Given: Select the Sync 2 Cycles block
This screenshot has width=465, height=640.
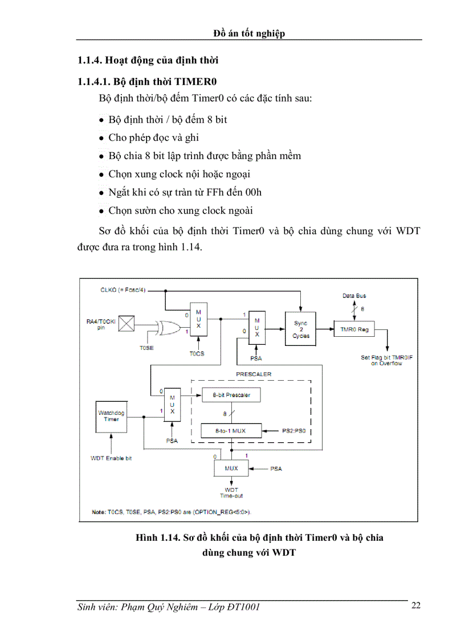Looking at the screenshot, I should (301, 329).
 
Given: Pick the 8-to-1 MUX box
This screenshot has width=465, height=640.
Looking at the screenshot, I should (231, 431).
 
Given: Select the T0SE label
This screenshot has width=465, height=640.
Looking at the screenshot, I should (146, 347).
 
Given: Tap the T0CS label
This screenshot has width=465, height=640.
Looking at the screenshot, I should (197, 353).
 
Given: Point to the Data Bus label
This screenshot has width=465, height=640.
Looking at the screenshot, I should (354, 296).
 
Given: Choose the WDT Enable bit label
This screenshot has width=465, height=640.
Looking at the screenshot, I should (111, 458).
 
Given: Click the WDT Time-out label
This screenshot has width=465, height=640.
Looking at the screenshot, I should (231, 493).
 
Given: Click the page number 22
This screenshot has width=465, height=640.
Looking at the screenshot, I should (416, 605).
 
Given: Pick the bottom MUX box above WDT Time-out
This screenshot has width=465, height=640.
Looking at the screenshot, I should (231, 468).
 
